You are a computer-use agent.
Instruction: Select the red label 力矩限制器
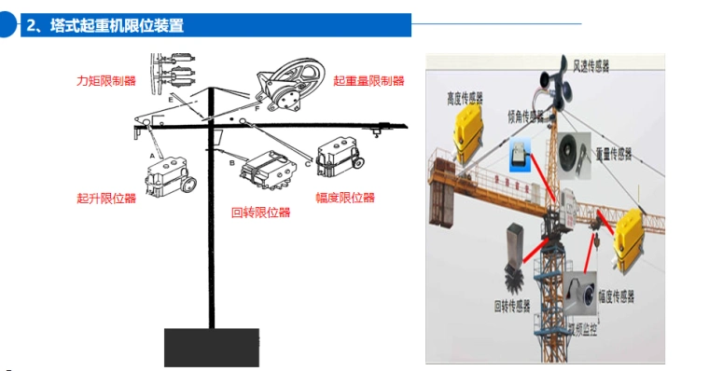pyautogui.click(x=105, y=81)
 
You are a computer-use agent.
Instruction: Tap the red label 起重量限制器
pyautogui.click(x=368, y=81)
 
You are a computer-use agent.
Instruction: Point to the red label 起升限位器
pyautogui.click(x=105, y=198)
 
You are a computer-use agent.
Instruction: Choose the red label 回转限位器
pyautogui.click(x=260, y=212)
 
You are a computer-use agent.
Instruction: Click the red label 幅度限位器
pyautogui.click(x=345, y=198)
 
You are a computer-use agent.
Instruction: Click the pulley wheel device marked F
pyautogui.click(x=288, y=83)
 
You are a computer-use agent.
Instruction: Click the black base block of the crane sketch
pyautogui.click(x=212, y=347)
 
